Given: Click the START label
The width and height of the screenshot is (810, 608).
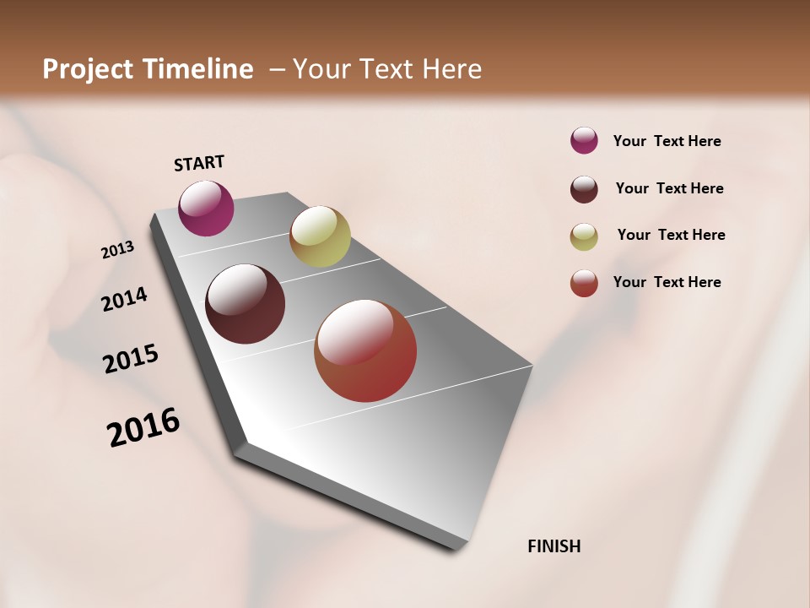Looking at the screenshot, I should tap(199, 163).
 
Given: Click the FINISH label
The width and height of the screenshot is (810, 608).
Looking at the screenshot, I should tap(553, 546).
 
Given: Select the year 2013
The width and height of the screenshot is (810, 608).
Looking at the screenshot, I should tap(117, 250).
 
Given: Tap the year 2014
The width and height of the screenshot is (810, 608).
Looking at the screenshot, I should tap(124, 299).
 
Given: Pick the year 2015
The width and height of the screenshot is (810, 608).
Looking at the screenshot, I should tap(130, 359).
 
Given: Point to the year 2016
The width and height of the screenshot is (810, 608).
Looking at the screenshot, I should tap(143, 427).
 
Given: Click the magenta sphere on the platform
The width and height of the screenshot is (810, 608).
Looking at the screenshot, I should tap(206, 208).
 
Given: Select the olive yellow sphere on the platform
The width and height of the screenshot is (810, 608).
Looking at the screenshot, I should tap(320, 236).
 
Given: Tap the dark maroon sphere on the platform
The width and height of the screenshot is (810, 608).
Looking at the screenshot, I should tap(245, 304).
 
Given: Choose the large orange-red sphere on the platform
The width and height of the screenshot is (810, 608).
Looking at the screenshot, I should tap(365, 350).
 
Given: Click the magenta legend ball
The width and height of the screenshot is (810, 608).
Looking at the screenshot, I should tap(584, 140).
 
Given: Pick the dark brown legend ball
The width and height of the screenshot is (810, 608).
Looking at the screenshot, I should tap(584, 189).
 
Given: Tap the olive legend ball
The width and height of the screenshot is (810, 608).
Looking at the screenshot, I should tap(584, 236).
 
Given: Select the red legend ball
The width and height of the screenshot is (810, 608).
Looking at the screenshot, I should tap(584, 283).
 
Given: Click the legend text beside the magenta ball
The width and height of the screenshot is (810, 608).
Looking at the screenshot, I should tap(667, 141).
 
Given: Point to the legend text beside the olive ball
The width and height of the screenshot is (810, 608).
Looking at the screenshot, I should tap(671, 235).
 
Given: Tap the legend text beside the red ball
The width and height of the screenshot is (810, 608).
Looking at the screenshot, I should tap(667, 282).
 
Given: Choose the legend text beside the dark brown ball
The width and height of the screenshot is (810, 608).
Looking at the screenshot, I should tap(669, 188).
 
